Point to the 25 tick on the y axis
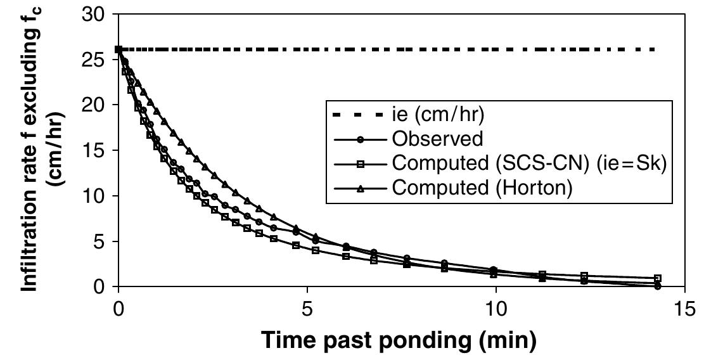click(94, 59)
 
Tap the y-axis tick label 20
click(94, 105)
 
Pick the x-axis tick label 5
click(307, 308)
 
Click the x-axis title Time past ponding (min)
click(401, 340)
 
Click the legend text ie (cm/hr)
click(438, 115)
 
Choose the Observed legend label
click(437, 138)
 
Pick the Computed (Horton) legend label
click(482, 187)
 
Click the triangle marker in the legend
click(359, 187)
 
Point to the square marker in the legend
click(359, 163)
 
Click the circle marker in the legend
click(359, 139)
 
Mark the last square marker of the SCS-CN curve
click(658, 278)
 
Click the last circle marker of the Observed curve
click(658, 286)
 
